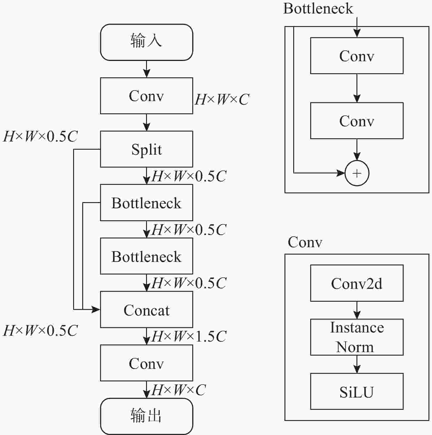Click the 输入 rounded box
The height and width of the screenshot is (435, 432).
click(x=146, y=42)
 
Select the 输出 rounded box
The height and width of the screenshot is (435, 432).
click(x=146, y=416)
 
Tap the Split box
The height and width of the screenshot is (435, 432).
click(x=146, y=149)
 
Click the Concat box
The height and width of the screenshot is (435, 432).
click(x=146, y=309)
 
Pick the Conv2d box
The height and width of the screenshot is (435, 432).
click(x=356, y=283)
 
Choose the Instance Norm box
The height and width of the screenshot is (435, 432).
click(x=356, y=337)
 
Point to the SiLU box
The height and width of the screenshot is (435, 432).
click(x=356, y=391)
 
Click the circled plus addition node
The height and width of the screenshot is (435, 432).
click(x=357, y=173)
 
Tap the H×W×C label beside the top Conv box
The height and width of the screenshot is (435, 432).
click(x=222, y=100)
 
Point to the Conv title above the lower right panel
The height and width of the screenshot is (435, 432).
click(x=305, y=242)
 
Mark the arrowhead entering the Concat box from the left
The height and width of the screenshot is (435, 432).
click(x=96, y=309)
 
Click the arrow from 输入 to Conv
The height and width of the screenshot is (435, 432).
click(x=146, y=69)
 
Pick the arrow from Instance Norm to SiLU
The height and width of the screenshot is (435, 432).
click(x=357, y=364)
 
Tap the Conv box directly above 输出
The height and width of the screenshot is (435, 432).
click(x=146, y=363)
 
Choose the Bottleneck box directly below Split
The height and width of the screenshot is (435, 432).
click(x=146, y=203)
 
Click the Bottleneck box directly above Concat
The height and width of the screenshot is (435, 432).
click(x=146, y=256)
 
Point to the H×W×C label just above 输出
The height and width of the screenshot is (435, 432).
click(x=179, y=390)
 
